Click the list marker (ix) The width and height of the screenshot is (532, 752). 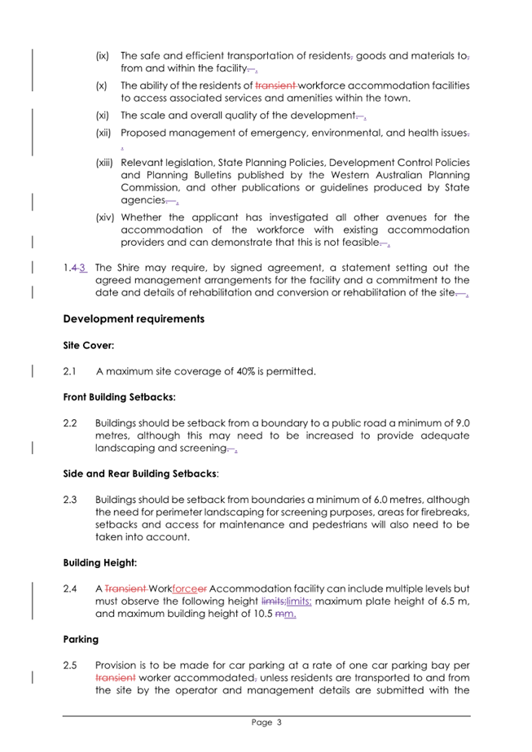coord(103,55)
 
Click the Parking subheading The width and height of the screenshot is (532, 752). coord(81,639)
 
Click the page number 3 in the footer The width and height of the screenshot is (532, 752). coord(278,722)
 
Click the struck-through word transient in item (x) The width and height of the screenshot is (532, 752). coord(277,85)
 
